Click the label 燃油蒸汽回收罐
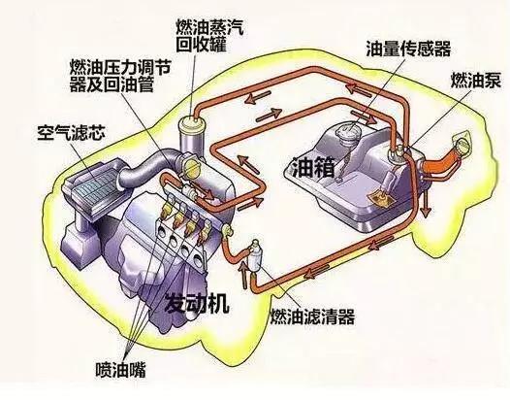click(x=209, y=36)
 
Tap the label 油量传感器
click(x=408, y=49)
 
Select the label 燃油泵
click(x=475, y=80)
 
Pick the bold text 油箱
click(x=313, y=167)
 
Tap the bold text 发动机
click(x=198, y=304)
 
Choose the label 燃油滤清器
click(x=312, y=316)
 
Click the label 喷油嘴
click(x=120, y=369)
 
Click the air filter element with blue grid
click(x=94, y=186)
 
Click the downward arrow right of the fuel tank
click(x=426, y=203)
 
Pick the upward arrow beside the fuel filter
click(x=243, y=275)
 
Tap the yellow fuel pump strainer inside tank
click(x=380, y=199)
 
